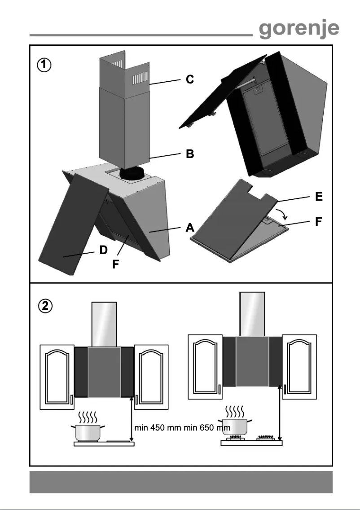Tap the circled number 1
(x=44, y=65)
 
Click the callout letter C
(x=190, y=79)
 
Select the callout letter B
(x=190, y=154)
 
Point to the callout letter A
(x=190, y=228)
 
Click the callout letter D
(x=104, y=250)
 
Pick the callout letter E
(x=319, y=196)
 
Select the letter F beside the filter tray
(x=319, y=221)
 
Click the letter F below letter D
(x=116, y=265)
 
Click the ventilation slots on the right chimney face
(x=140, y=80)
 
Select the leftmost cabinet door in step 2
(x=57, y=377)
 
